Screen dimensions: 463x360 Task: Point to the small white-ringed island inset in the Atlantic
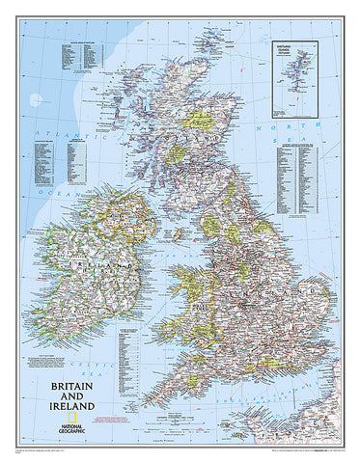click(37, 99)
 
